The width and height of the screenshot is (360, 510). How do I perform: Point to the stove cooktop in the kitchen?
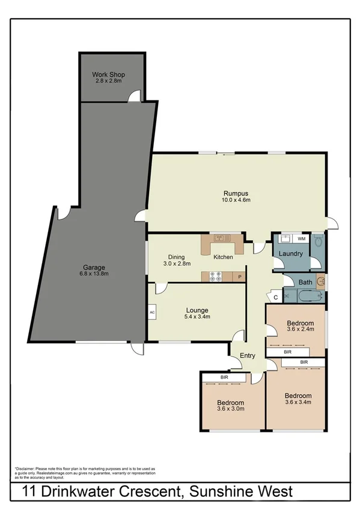[215, 277]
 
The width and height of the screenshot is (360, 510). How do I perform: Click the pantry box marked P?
[239, 277]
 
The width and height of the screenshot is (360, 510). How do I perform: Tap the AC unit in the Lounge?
[152, 313]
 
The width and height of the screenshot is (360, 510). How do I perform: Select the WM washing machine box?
[301, 239]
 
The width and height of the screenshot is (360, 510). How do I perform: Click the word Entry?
[248, 355]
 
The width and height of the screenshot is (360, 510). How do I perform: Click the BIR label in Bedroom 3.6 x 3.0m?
[224, 377]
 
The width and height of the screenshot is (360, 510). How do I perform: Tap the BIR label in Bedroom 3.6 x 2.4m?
[288, 351]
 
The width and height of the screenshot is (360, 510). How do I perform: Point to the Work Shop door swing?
[138, 95]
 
